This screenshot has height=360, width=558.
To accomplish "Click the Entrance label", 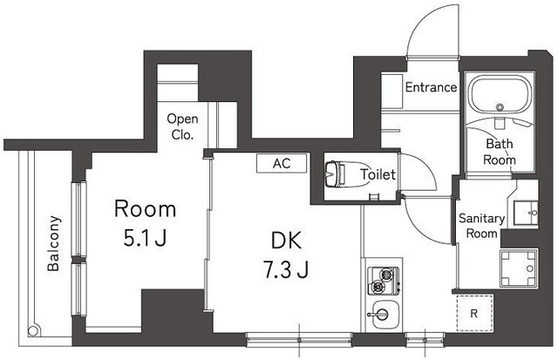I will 431,87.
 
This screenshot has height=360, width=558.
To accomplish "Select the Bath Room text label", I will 500,152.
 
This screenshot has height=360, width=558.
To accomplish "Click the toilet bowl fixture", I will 334,174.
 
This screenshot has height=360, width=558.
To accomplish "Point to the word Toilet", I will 378,175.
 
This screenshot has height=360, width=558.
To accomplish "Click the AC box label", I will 281,163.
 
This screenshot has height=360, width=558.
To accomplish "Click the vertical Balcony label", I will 54,245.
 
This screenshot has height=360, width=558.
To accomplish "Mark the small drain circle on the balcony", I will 36,331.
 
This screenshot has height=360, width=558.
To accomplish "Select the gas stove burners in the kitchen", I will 381,280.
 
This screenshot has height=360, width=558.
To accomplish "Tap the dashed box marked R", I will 473,312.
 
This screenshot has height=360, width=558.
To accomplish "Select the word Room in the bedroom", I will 146,209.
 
